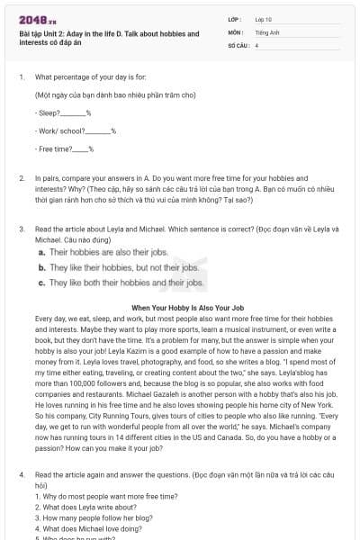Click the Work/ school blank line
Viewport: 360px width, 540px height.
pos(95,130)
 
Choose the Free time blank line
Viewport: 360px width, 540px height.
pos(80,148)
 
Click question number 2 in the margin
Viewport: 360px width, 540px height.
pos(21,179)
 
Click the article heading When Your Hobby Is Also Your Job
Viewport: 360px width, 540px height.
pos(188,308)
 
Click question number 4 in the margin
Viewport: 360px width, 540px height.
pos(21,473)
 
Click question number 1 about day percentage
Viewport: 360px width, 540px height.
pos(21,76)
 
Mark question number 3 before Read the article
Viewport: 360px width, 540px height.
pos(21,229)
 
